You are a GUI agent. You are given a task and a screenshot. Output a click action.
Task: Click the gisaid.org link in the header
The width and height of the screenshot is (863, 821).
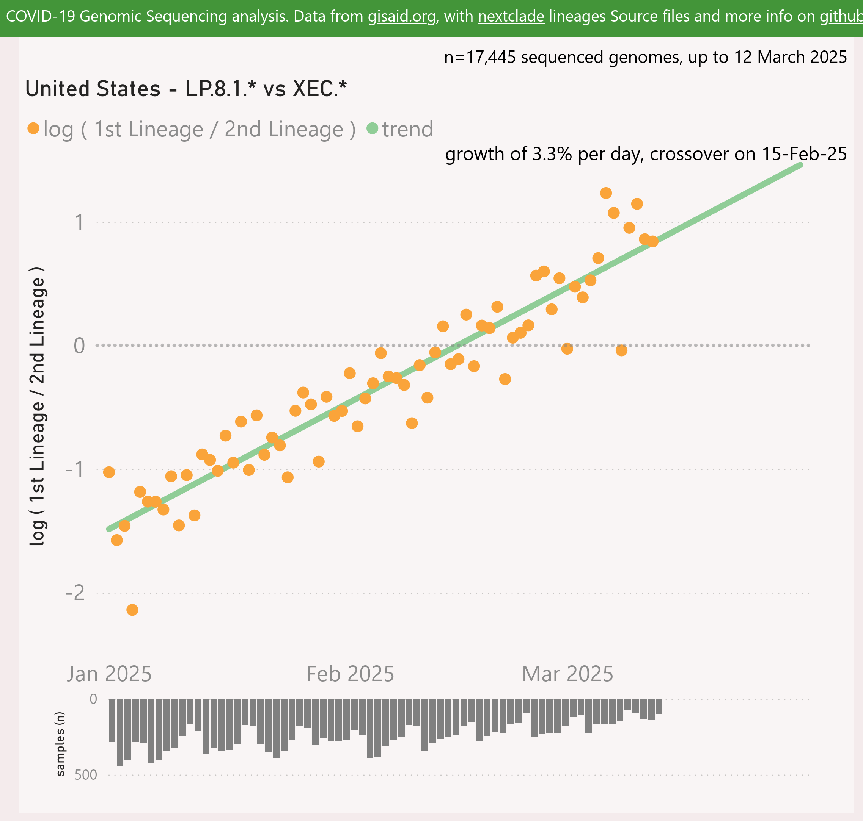(402, 17)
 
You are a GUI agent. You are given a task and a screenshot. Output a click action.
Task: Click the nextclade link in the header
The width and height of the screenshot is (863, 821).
(511, 17)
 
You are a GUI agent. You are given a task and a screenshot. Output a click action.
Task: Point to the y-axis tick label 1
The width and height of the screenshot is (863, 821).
(79, 222)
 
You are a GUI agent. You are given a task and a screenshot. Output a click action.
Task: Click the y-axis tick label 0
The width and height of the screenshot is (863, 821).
(79, 346)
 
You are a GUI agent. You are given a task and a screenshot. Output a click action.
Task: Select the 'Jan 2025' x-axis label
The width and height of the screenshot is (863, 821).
(109, 674)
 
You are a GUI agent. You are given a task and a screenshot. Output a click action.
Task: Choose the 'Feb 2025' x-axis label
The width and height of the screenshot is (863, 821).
(350, 674)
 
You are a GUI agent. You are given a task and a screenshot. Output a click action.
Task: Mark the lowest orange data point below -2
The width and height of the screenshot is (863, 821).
(132, 610)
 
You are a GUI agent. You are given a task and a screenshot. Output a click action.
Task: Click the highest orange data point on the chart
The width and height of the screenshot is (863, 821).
(606, 193)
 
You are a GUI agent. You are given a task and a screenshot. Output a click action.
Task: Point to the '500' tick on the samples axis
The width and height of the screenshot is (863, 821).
(86, 775)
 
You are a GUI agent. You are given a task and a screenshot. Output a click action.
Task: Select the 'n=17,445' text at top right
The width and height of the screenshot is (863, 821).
(475, 57)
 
